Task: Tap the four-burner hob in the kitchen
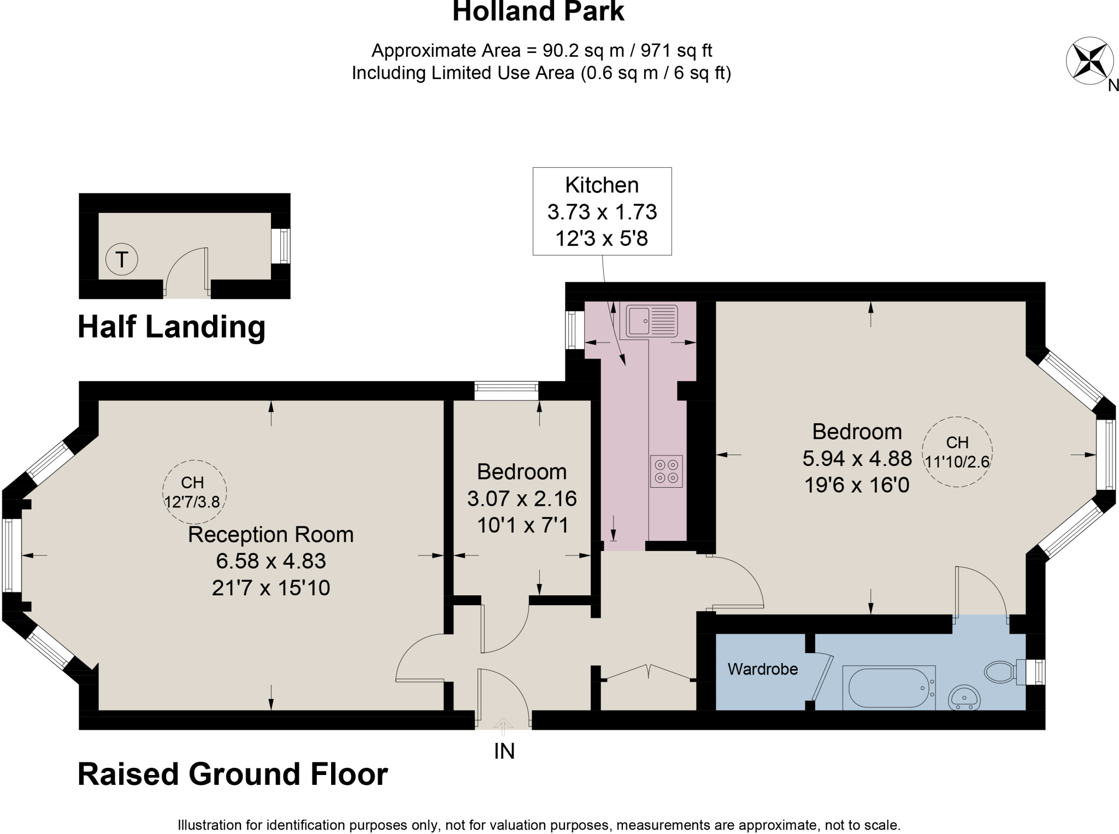coord(666,471)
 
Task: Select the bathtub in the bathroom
coord(889,688)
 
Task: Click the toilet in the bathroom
coord(1000,672)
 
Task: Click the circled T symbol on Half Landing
coord(121,259)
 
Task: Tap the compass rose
coord(1089,61)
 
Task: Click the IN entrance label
coord(504,752)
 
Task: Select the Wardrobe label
coord(763,669)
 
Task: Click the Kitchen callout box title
coord(602,185)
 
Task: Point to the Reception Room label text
coord(270,534)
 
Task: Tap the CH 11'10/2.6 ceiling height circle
coord(957,452)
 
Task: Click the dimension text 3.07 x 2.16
coord(522,498)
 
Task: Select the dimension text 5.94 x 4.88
coord(856,458)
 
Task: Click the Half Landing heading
coord(172,327)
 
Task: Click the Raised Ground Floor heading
coord(233,774)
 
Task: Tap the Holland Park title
coord(538,12)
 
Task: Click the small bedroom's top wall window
coord(506,391)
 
